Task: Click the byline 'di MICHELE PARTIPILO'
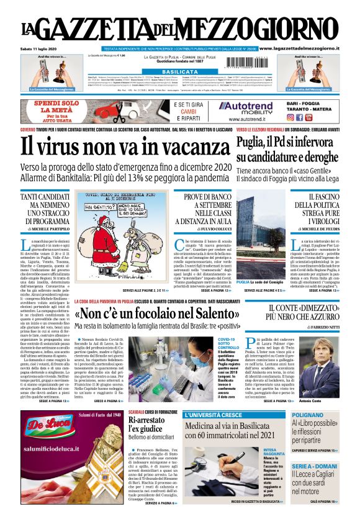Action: pyautogui.click(x=44, y=229)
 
